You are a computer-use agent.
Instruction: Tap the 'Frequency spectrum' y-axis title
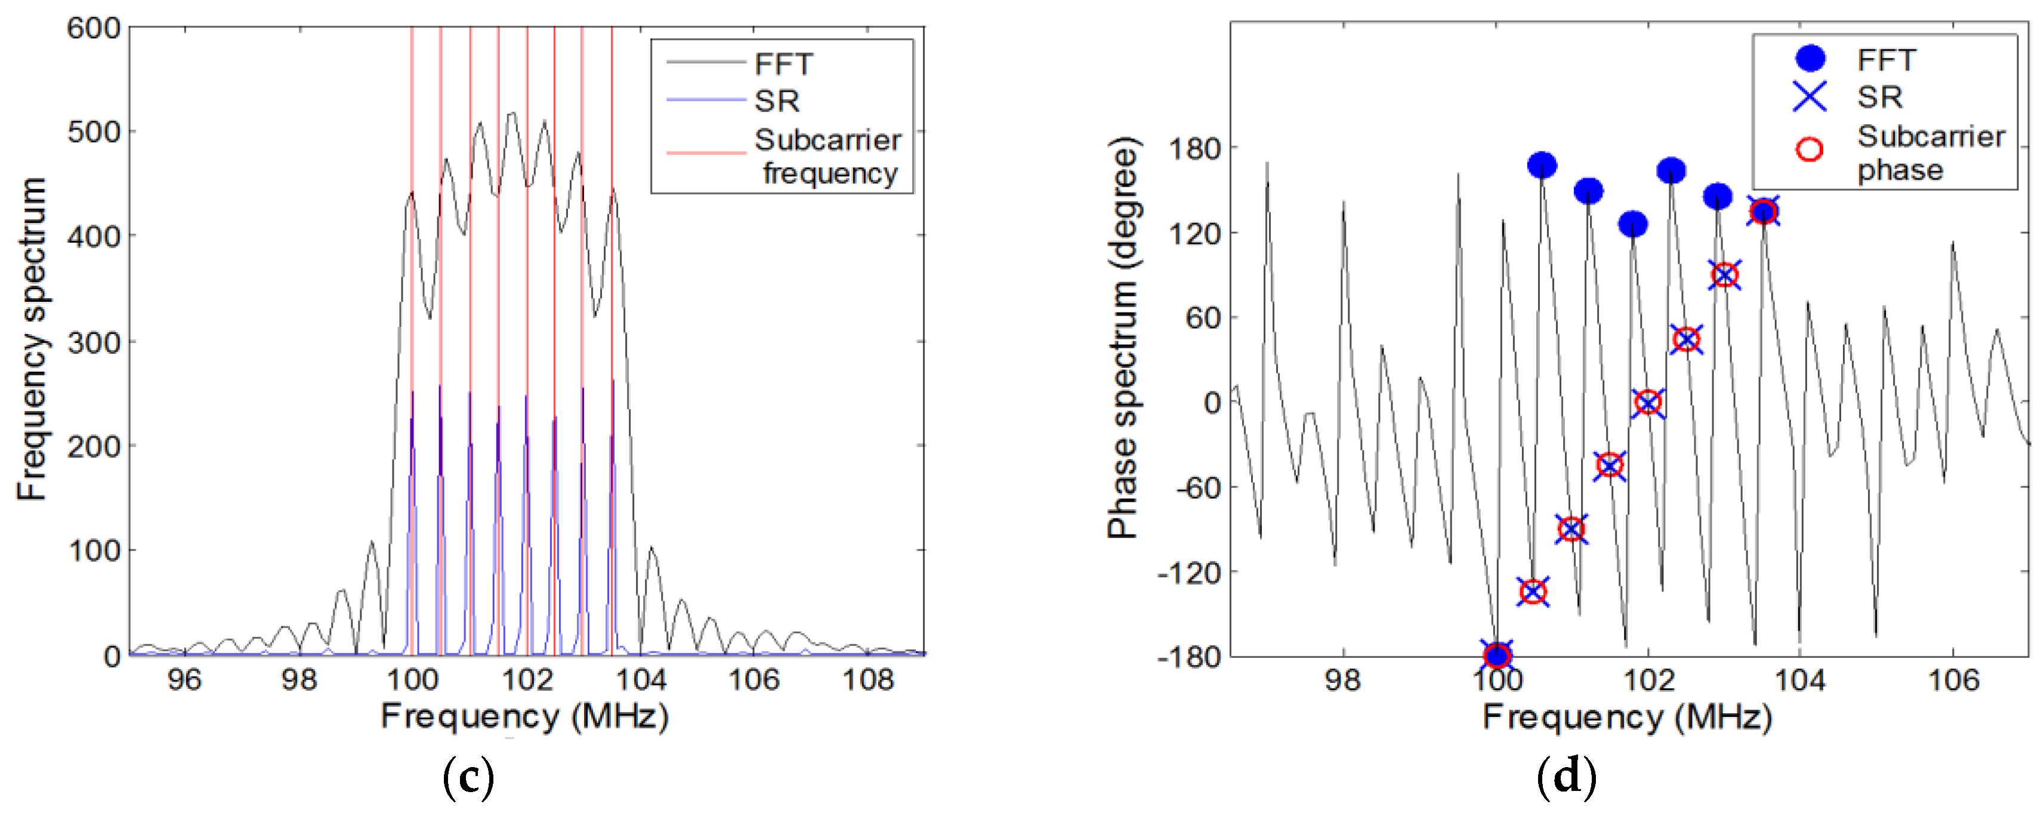[x=32, y=339]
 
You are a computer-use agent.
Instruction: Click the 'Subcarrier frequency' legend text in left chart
[x=828, y=156]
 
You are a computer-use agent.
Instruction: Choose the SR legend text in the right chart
[x=1879, y=97]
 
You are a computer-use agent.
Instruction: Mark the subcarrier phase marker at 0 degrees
[x=1648, y=403]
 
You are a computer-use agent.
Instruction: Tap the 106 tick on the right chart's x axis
[x=1953, y=680]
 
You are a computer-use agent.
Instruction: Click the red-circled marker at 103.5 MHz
[x=1763, y=212]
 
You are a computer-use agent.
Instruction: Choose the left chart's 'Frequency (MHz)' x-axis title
[x=524, y=717]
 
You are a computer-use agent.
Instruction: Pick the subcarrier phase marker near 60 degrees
[x=1687, y=339]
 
